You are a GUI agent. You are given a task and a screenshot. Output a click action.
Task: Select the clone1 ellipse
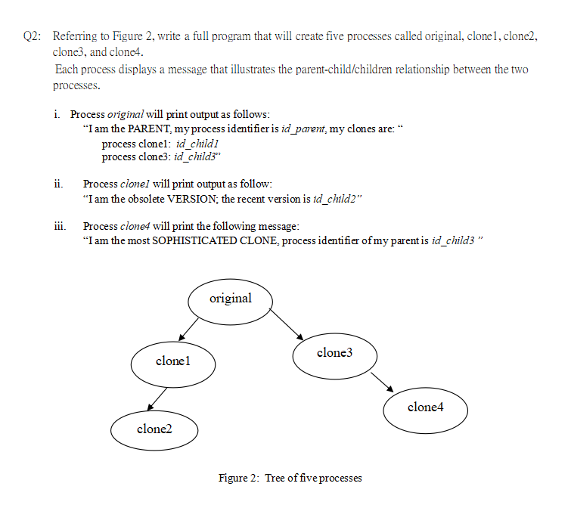(172, 362)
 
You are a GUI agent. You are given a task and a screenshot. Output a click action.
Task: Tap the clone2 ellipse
(155, 429)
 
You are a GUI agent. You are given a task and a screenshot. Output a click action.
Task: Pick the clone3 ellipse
(334, 353)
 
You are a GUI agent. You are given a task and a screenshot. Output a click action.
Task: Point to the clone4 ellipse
(425, 407)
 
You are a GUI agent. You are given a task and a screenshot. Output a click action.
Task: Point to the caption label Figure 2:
(239, 478)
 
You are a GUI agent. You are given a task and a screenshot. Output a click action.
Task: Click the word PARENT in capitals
(152, 129)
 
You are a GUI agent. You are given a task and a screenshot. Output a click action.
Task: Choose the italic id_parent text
(303, 129)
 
